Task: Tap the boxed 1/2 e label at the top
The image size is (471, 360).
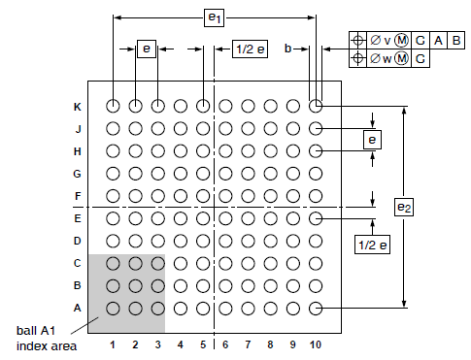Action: pyautogui.click(x=250, y=49)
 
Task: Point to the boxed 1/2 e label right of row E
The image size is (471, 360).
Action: pyautogui.click(x=373, y=245)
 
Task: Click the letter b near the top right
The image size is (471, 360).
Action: pyautogui.click(x=287, y=48)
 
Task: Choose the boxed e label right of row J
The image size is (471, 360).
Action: pyautogui.click(x=373, y=140)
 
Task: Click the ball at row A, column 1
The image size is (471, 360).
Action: pyautogui.click(x=114, y=308)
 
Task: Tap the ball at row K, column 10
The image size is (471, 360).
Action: pyautogui.click(x=315, y=106)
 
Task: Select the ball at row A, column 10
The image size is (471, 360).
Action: pyautogui.click(x=315, y=308)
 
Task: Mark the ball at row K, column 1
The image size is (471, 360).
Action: pyautogui.click(x=114, y=106)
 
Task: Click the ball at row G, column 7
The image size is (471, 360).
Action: pyautogui.click(x=248, y=174)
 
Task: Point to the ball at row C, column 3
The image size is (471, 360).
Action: pyautogui.click(x=158, y=263)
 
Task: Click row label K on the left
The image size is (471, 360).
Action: pyautogui.click(x=78, y=106)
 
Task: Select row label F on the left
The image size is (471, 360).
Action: pyautogui.click(x=78, y=196)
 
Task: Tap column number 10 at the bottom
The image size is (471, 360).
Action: pyautogui.click(x=315, y=344)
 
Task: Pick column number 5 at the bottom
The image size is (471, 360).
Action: pyautogui.click(x=203, y=344)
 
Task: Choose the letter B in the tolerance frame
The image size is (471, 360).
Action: pyautogui.click(x=455, y=40)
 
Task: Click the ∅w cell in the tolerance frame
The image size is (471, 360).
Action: pyautogui.click(x=384, y=58)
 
